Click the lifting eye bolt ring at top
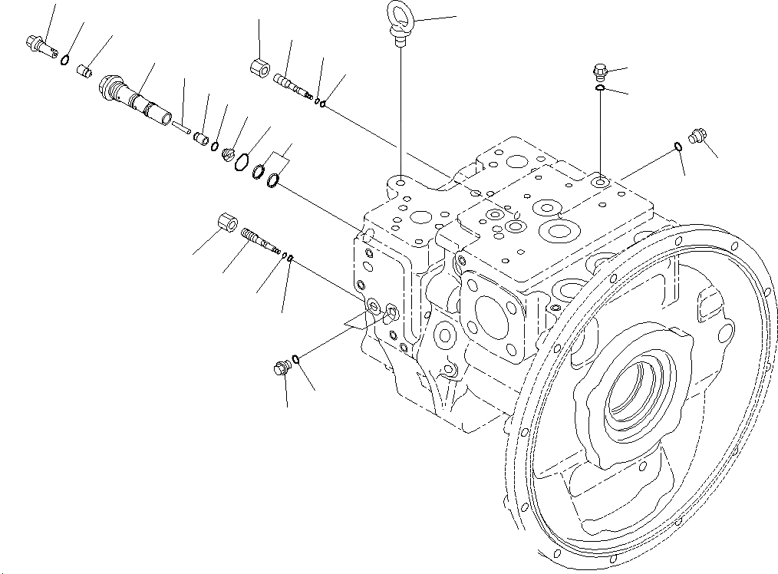400,15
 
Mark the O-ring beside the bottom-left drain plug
296,357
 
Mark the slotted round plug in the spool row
227,154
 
